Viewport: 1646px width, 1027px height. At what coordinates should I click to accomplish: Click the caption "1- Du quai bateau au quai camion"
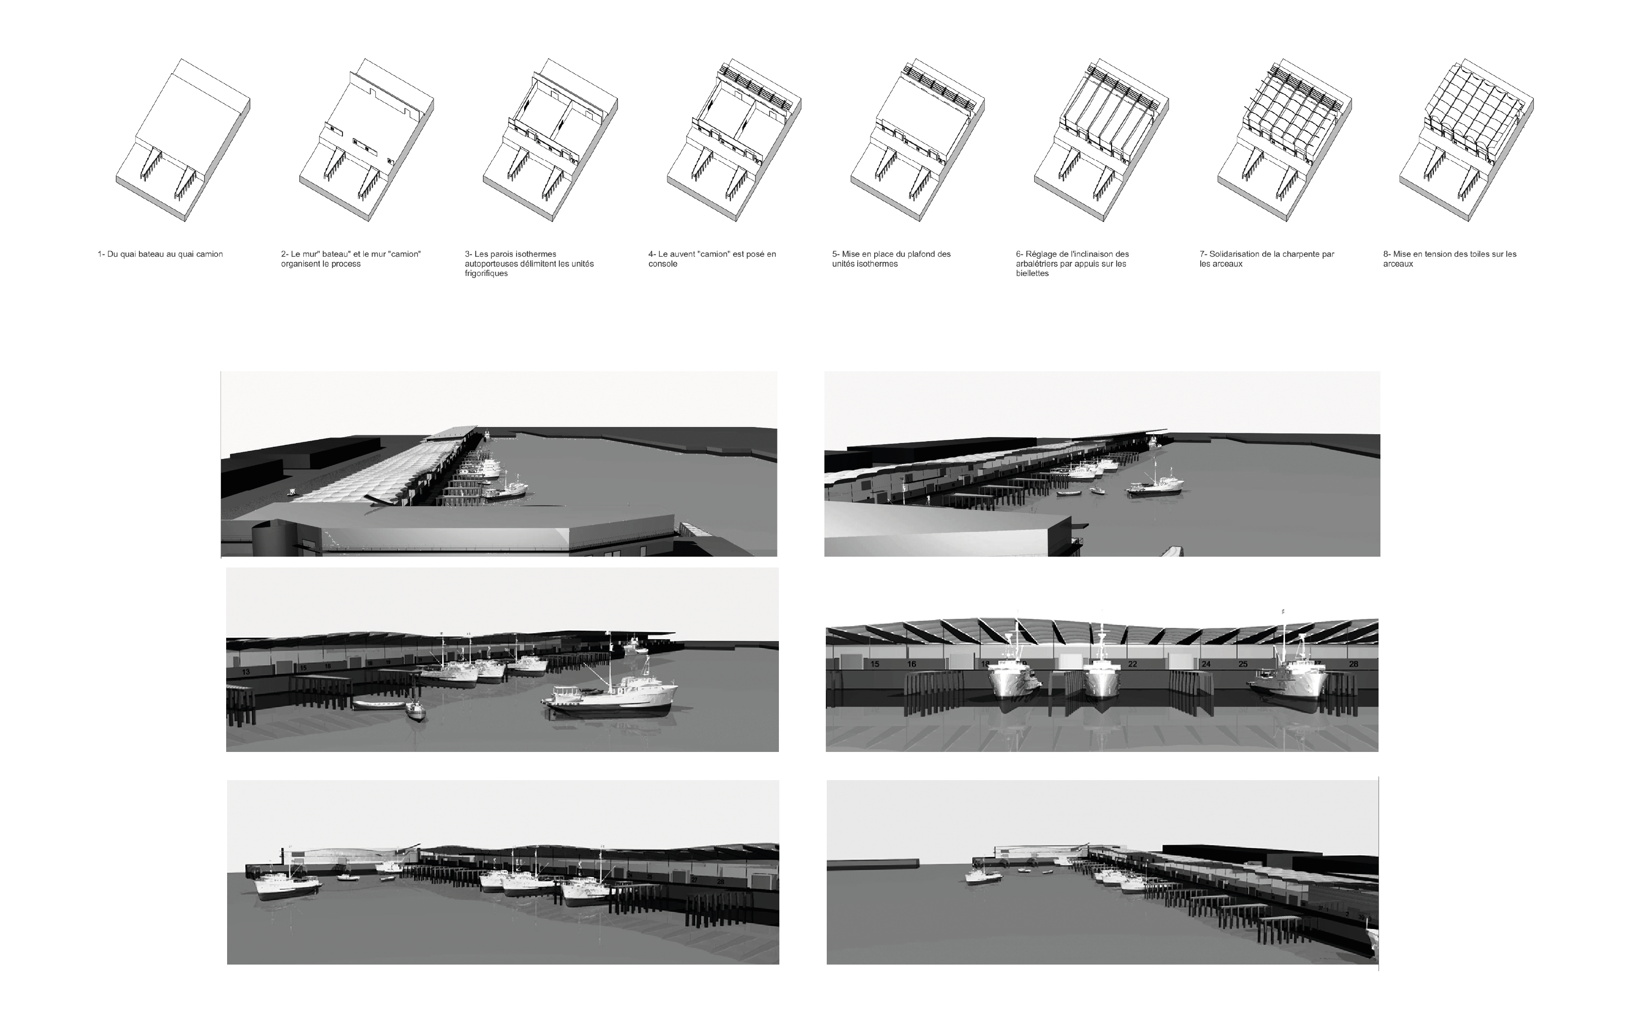point(160,254)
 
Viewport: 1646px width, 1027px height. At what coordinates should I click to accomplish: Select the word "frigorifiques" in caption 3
point(486,274)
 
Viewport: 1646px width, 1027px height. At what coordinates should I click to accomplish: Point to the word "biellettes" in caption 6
point(1032,274)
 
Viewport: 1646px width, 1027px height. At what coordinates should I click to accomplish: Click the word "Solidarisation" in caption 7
point(1235,254)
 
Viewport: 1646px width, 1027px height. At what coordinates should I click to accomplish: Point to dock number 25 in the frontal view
point(1242,664)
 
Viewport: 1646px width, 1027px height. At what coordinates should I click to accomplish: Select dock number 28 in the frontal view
point(1353,664)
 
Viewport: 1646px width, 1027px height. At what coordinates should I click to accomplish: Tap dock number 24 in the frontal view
point(1206,664)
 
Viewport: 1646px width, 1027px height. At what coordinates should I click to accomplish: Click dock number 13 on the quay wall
point(246,672)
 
